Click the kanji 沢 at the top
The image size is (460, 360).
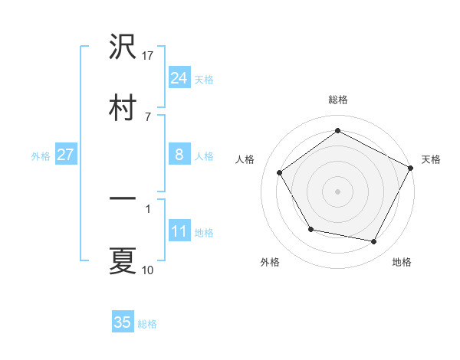click(123, 48)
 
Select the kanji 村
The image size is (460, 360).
click(123, 106)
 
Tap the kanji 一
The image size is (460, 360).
click(123, 199)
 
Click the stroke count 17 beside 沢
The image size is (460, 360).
click(149, 56)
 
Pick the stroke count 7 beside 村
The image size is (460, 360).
click(147, 116)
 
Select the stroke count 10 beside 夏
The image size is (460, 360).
click(148, 270)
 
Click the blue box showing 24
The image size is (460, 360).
click(179, 78)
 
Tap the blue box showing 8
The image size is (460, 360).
click(179, 155)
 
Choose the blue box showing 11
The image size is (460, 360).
click(179, 231)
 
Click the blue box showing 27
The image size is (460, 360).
click(65, 155)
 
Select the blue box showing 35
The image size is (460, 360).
click(123, 322)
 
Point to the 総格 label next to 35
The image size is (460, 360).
click(147, 324)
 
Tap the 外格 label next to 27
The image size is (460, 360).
click(41, 156)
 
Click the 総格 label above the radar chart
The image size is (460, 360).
click(338, 100)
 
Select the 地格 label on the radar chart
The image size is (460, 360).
click(402, 263)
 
